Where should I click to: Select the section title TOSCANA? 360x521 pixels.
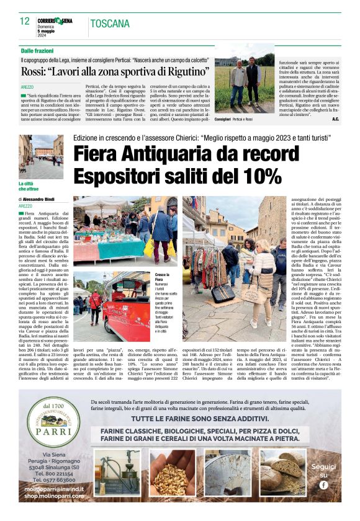(x=110, y=24)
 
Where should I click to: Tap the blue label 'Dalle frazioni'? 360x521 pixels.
(x=35, y=50)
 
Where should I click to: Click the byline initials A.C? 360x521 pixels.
(x=335, y=118)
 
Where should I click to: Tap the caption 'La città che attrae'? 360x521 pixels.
(x=30, y=184)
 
